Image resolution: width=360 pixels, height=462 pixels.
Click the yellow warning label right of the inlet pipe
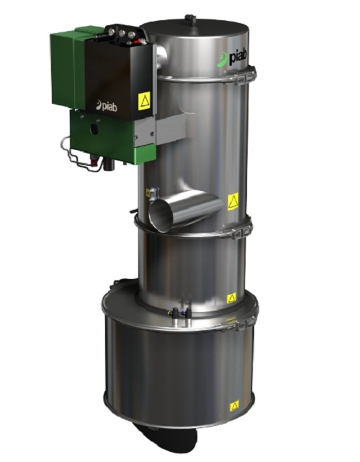tap(233, 201)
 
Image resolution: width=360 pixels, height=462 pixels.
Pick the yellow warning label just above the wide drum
tap(231, 296)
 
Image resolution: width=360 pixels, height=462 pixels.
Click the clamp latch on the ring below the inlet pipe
tap(243, 231)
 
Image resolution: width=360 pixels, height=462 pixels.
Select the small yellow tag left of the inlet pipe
tap(148, 192)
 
